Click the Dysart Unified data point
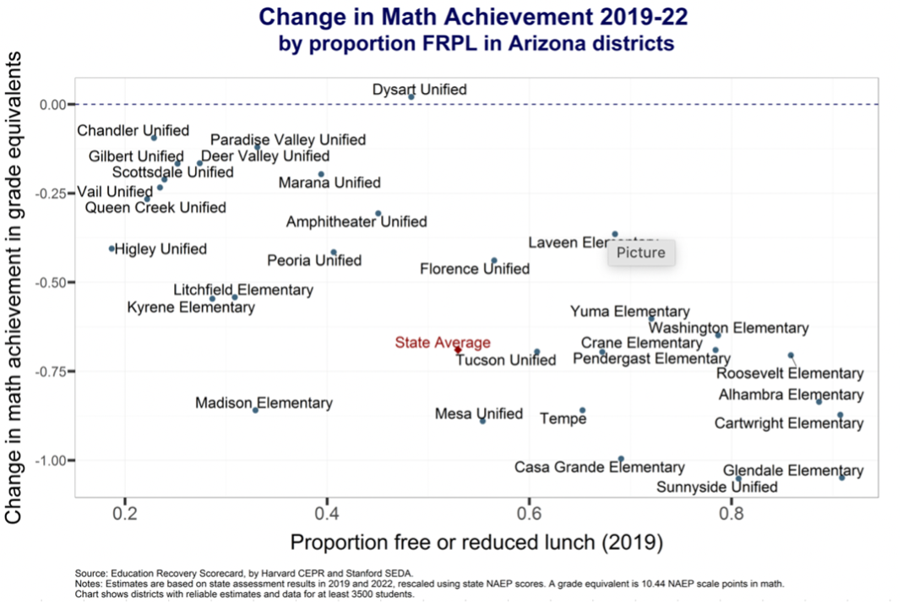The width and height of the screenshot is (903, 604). coord(411,97)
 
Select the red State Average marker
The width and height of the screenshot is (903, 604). coord(458,349)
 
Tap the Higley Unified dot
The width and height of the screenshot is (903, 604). coord(112,248)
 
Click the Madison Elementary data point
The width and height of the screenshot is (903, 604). coord(256,410)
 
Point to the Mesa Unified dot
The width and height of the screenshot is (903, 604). coord(482,420)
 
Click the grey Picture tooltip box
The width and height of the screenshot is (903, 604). coord(640,253)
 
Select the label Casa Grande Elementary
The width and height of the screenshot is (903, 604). coord(599,467)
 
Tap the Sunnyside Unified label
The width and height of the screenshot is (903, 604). coord(717,487)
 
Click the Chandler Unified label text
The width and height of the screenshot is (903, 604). coord(133,131)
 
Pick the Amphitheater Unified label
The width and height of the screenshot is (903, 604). coord(356,222)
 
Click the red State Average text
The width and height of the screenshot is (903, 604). coord(442,342)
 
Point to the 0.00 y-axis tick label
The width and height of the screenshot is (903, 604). coord(52,105)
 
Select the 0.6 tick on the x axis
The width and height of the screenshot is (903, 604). coord(529,512)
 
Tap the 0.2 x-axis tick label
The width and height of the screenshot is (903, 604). coord(125,512)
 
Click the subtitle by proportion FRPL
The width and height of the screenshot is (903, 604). coord(476,42)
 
